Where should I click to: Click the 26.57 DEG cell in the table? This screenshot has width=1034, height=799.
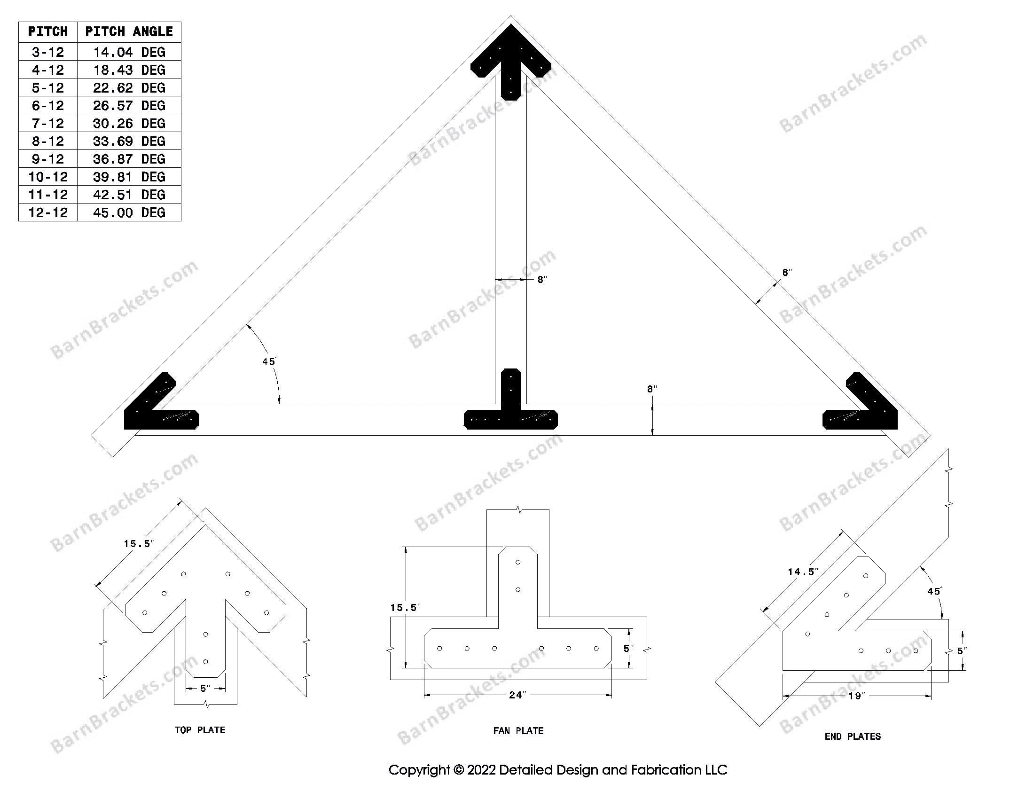point(129,106)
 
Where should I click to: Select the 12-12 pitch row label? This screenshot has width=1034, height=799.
point(48,212)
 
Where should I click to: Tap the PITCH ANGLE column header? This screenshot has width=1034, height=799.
point(129,31)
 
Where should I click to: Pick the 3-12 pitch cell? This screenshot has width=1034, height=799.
point(48,52)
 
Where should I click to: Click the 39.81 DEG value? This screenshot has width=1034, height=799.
point(129,177)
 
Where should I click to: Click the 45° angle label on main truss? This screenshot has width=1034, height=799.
point(269,361)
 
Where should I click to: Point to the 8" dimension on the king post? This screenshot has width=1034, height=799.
point(542,280)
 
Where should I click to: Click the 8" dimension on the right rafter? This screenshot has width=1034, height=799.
point(787,273)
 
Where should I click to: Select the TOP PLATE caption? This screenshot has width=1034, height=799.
point(200,730)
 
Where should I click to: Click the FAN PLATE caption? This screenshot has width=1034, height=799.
point(518,731)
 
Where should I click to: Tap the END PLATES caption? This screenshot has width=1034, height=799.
point(852,736)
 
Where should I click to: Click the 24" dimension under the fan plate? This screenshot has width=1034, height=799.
point(517,695)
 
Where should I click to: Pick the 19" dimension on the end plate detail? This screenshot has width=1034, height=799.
point(857,696)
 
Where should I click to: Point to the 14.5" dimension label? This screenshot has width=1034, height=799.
point(803,572)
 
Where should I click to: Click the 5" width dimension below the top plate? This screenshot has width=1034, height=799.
point(205,688)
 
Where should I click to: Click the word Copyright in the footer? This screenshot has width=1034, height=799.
point(419,770)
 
